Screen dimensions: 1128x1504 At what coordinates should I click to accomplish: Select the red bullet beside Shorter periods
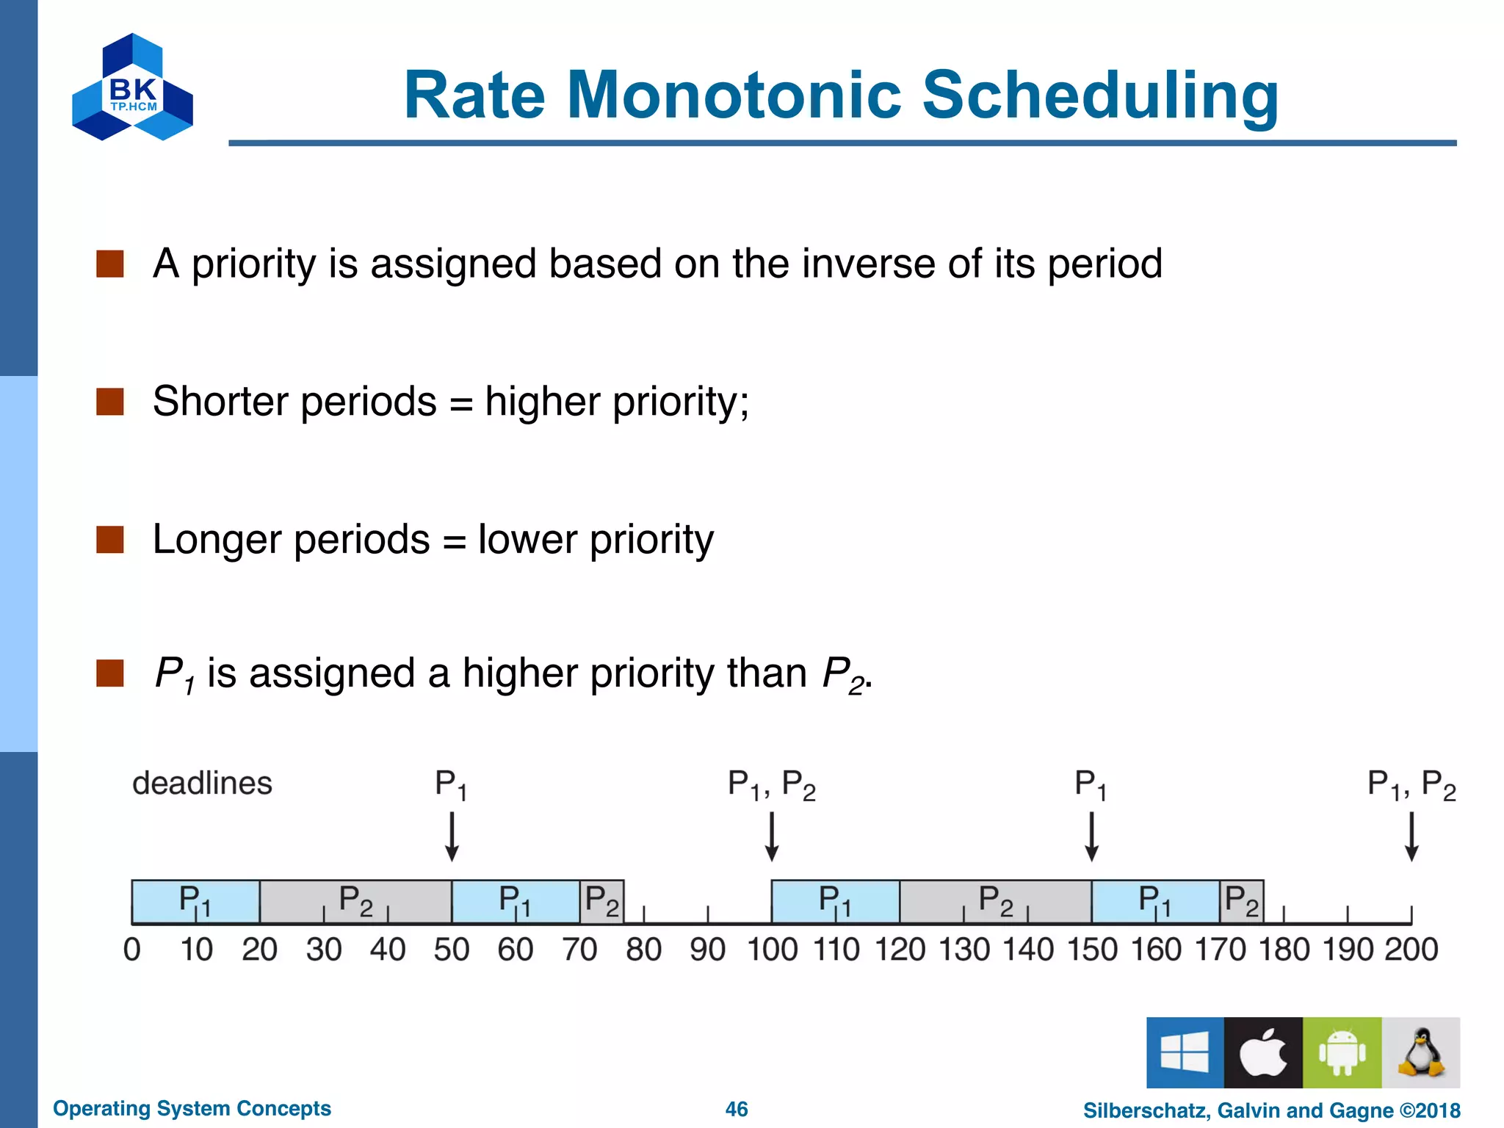coord(110,402)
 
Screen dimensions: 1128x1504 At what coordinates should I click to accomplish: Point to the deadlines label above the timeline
coord(202,784)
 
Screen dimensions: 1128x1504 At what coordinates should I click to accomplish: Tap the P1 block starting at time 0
coord(195,901)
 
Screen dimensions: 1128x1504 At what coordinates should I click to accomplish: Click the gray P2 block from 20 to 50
coord(355,901)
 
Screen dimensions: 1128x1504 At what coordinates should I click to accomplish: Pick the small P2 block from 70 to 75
coord(602,901)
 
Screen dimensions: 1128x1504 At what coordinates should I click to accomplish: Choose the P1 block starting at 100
coord(835,901)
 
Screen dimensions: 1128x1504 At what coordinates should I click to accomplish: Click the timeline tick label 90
coord(707,950)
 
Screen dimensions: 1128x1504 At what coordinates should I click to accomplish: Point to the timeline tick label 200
coord(1411,950)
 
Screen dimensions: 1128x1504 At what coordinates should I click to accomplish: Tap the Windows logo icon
coord(1185,1052)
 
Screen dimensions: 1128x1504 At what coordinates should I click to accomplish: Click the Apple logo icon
coord(1263,1052)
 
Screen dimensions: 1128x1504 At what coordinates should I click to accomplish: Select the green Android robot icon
coord(1342,1052)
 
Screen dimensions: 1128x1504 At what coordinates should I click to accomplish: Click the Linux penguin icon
coord(1421,1052)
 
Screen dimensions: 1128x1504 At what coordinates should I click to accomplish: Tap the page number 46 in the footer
coord(737,1109)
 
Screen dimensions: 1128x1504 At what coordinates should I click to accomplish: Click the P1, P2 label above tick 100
coord(771,785)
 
